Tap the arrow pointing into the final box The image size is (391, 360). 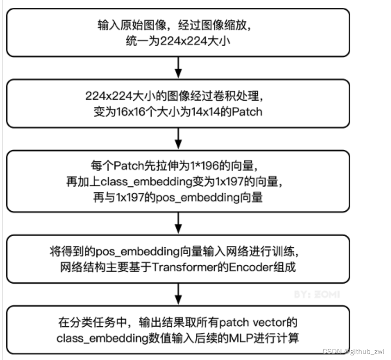(178, 294)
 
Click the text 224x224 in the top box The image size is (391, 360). (178, 41)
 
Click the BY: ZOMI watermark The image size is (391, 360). (317, 294)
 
